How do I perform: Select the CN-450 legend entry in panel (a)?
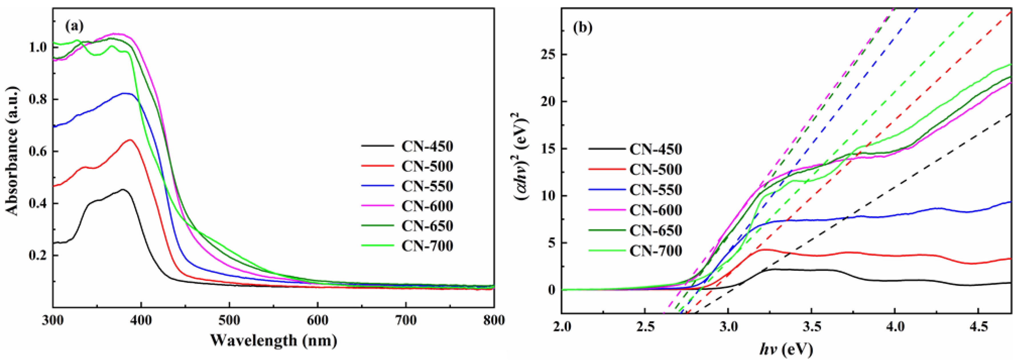click(x=427, y=147)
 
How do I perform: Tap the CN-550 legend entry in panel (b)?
click(x=656, y=190)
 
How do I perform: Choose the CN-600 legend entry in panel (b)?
click(x=656, y=210)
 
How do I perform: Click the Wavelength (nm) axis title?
click(x=274, y=340)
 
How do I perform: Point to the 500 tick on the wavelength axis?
click(x=229, y=320)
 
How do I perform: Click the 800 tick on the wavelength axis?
click(x=494, y=320)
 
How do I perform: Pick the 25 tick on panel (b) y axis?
click(x=547, y=55)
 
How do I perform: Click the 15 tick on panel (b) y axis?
click(x=547, y=149)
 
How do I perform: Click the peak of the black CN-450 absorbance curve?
click(x=123, y=190)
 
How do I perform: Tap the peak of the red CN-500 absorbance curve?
click(x=130, y=140)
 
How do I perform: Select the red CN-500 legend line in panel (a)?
click(x=378, y=166)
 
